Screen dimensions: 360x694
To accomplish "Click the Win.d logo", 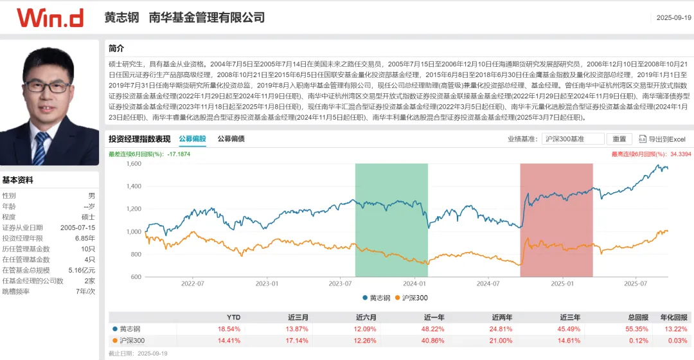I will click(x=50, y=17).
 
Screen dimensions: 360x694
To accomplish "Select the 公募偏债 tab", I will click(x=231, y=138).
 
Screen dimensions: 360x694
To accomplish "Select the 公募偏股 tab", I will click(x=192, y=138).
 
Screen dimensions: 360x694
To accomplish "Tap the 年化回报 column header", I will click(x=675, y=317).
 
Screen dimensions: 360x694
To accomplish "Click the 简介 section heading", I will click(x=116, y=48).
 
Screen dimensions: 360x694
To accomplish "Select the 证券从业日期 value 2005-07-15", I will click(x=77, y=228).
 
